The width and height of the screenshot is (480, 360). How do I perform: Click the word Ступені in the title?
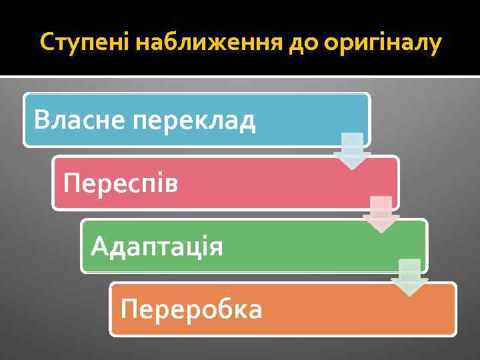coord(85,43)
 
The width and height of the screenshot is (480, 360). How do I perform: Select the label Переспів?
coord(121,183)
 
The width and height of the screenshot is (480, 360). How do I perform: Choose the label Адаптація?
coord(157,246)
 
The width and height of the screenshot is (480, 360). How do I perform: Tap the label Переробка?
coord(191,309)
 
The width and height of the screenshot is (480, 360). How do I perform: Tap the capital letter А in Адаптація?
coord(99,246)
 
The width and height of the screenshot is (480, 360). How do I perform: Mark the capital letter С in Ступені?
coord(47,43)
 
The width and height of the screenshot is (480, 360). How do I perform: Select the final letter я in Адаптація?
coord(215,247)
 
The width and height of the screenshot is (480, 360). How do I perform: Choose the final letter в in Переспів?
coord(172,183)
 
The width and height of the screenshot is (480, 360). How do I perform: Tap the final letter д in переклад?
coord(247,122)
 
